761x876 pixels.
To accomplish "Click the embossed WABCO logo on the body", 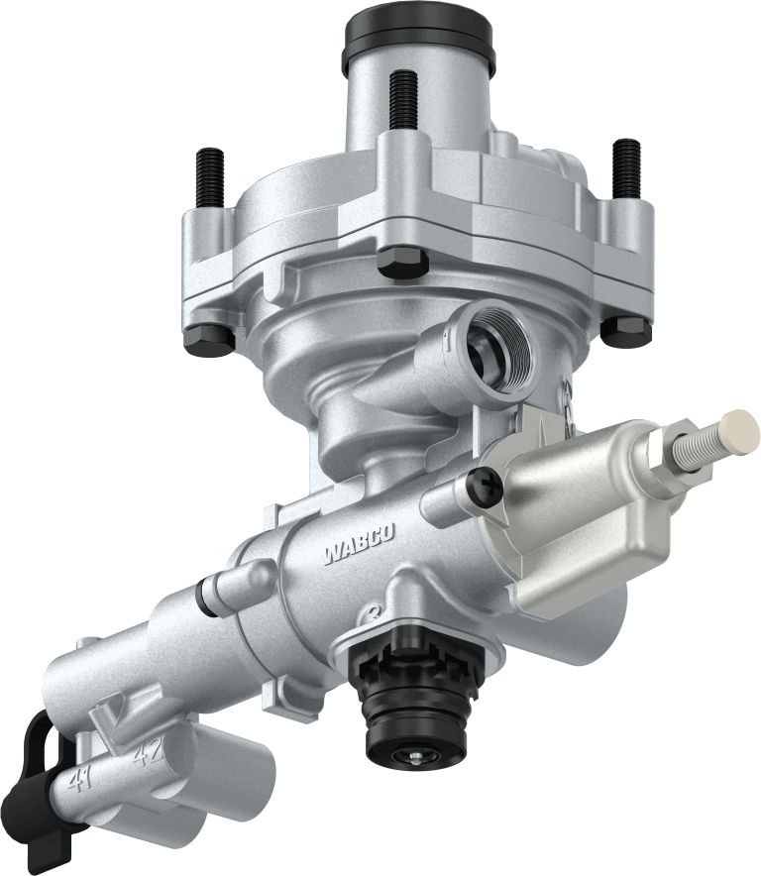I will [x=359, y=543].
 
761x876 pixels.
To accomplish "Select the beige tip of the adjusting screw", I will [x=738, y=432].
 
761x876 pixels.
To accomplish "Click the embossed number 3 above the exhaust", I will [x=375, y=612].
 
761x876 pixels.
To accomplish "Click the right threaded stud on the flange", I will [x=626, y=166].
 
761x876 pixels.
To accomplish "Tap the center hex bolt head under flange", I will [x=403, y=262].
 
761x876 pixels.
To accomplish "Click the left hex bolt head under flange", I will [x=210, y=338].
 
